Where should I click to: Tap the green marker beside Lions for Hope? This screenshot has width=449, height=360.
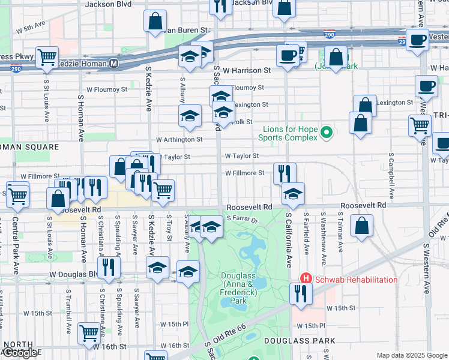click(x=326, y=132)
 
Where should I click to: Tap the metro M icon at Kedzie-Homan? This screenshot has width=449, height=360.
click(x=113, y=63)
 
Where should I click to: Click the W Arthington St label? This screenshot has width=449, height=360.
click(x=179, y=139)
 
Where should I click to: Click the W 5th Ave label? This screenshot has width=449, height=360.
click(x=31, y=28)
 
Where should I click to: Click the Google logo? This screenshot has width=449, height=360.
click(x=21, y=353)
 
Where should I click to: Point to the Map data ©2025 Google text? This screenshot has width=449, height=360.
click(x=412, y=355)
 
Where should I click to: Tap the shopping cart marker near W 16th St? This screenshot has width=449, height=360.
click(x=89, y=331)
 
